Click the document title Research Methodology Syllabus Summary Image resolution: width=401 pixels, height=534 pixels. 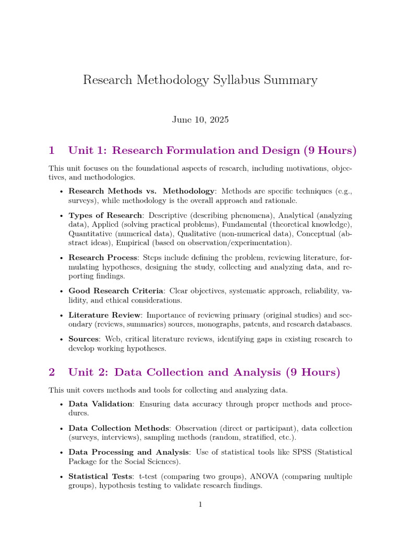point(200,80)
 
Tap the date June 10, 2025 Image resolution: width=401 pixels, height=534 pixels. point(200,119)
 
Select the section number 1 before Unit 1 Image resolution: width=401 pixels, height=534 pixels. point(52,151)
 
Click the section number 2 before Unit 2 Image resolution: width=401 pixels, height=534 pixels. point(52,372)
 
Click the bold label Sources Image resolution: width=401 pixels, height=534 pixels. point(84,339)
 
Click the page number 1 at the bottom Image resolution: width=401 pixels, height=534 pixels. point(200,504)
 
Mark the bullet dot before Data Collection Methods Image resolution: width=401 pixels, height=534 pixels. point(63,428)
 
